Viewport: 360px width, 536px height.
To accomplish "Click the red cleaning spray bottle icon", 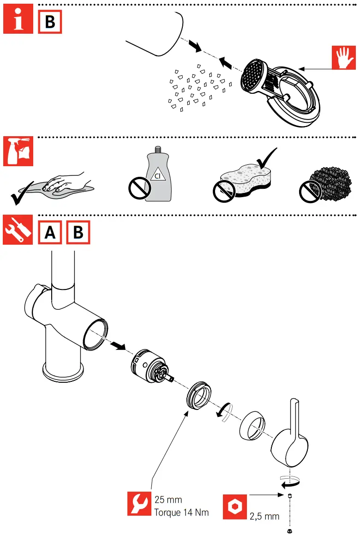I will [x=18, y=151].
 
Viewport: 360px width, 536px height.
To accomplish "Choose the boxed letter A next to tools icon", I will [x=50, y=232].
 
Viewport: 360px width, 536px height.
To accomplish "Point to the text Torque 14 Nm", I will [x=181, y=512].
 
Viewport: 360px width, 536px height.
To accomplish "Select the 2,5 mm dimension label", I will [x=264, y=516].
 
